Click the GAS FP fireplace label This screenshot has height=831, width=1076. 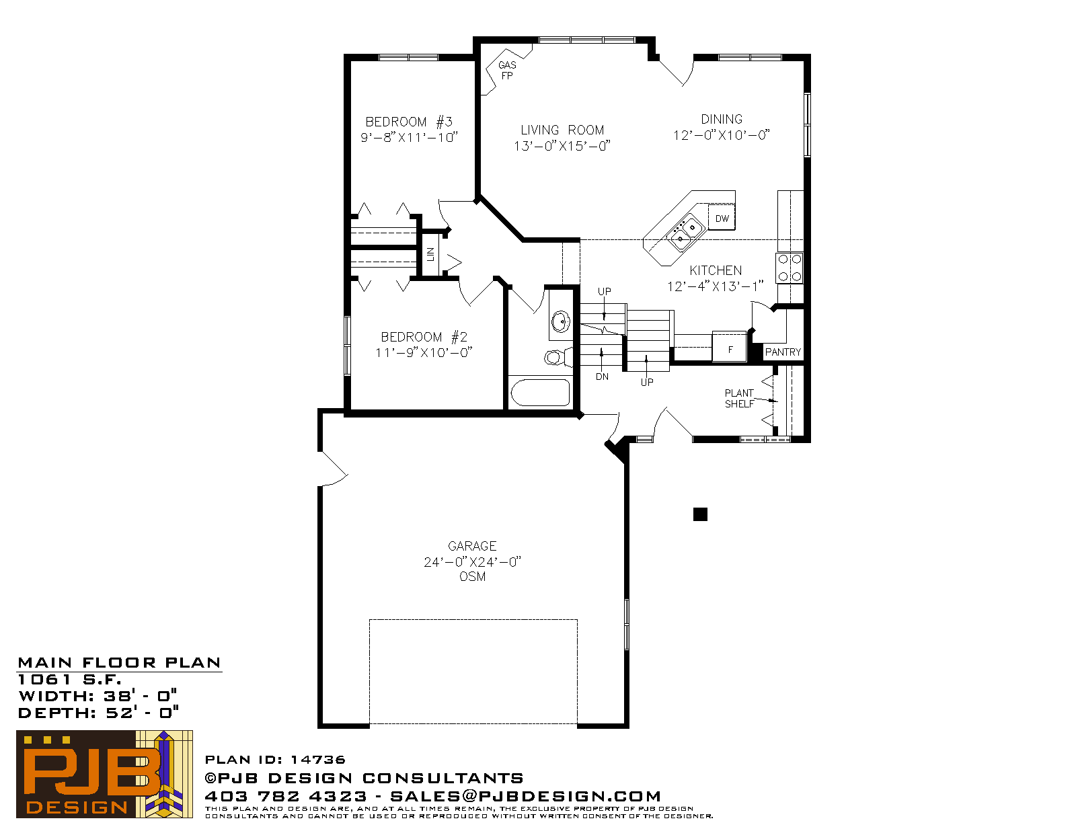(x=507, y=71)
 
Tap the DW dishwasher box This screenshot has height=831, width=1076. (x=722, y=218)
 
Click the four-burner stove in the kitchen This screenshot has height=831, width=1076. (x=790, y=268)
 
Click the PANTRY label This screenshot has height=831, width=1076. (x=783, y=352)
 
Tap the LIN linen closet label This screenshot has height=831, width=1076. (x=430, y=254)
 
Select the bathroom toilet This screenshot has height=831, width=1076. (x=558, y=356)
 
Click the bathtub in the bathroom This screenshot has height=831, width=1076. (x=540, y=393)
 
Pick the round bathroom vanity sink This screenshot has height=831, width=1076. (x=561, y=321)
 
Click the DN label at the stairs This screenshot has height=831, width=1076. (x=602, y=377)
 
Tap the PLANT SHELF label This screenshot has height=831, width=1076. (x=739, y=399)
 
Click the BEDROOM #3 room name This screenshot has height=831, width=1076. (x=409, y=122)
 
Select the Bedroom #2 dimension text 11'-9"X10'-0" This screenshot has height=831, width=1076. (x=424, y=352)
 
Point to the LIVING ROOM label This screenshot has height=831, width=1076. (x=562, y=130)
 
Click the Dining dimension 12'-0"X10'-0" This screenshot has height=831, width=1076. (x=722, y=134)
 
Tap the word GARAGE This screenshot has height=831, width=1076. (x=472, y=546)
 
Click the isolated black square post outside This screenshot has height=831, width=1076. (x=700, y=514)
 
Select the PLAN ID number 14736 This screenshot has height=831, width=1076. (x=318, y=760)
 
